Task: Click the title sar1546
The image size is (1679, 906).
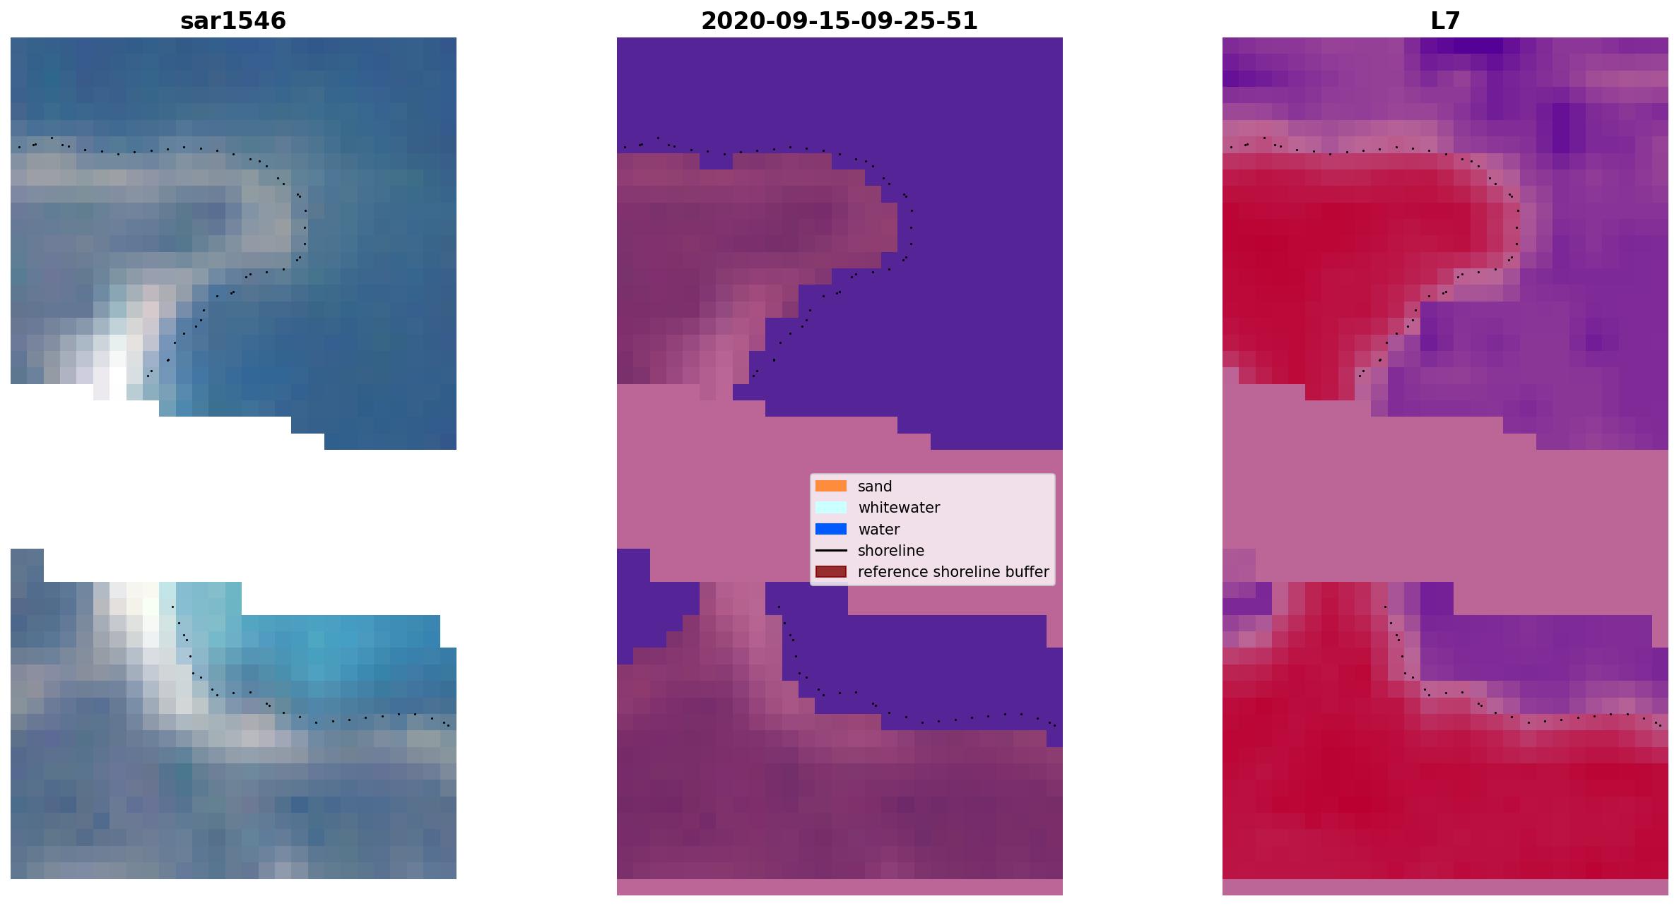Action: [x=233, y=20]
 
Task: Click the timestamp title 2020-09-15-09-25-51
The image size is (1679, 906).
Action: [x=839, y=20]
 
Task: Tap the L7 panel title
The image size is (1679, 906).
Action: [x=1445, y=20]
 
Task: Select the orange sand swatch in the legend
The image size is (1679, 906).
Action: [x=831, y=486]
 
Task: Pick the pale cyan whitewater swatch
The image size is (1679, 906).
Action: [x=831, y=507]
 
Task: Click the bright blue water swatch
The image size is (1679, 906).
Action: [x=831, y=529]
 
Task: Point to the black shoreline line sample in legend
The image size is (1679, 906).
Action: [x=831, y=550]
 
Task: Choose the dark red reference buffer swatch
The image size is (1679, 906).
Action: [x=831, y=571]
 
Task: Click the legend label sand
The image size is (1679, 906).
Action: [x=875, y=487]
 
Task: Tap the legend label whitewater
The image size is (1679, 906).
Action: [x=899, y=508]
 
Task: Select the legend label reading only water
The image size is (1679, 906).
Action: [x=878, y=530]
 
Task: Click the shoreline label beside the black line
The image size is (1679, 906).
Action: [x=891, y=551]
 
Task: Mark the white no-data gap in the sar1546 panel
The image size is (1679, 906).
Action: [x=233, y=498]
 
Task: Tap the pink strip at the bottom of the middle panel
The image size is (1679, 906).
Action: [x=839, y=887]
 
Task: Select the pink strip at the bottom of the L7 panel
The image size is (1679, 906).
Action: [x=1445, y=887]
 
